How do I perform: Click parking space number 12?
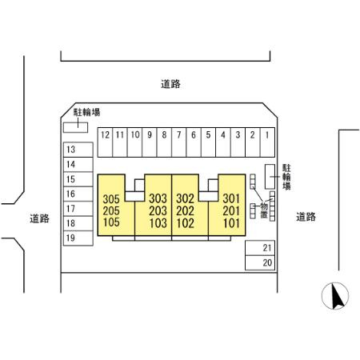(x=106, y=142)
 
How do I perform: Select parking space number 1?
(x=267, y=142)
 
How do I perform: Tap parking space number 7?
(x=179, y=142)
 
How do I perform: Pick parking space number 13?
(x=78, y=150)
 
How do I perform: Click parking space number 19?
(x=78, y=238)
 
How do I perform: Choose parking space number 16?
(x=78, y=194)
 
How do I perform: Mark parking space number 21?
(x=260, y=248)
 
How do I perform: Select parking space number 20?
(x=260, y=263)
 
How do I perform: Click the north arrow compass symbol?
(x=335, y=296)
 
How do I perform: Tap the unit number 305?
(x=111, y=199)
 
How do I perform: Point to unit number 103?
(x=158, y=223)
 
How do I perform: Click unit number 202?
(x=185, y=211)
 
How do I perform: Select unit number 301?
(x=231, y=198)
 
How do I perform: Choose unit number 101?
(x=231, y=223)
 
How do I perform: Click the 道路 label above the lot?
(x=170, y=84)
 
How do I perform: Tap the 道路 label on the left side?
(x=39, y=218)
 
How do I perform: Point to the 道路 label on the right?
(x=306, y=217)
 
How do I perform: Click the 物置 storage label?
(x=264, y=210)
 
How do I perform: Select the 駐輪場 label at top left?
(x=87, y=112)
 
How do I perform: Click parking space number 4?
(x=223, y=142)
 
